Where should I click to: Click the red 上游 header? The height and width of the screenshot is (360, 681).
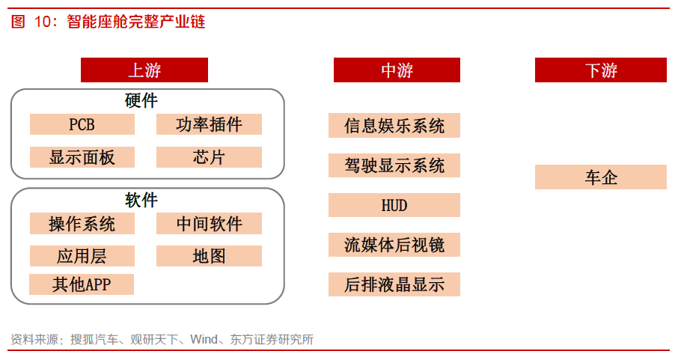(144, 70)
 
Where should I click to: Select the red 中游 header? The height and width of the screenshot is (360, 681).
(397, 70)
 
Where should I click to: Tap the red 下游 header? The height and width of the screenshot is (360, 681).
(601, 70)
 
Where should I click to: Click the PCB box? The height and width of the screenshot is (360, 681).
(82, 124)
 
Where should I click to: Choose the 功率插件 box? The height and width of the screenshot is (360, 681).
(209, 124)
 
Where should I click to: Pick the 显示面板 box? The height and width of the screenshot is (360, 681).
(82, 156)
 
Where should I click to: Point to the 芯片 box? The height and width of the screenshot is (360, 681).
(209, 156)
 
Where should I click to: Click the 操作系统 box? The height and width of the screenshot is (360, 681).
(82, 223)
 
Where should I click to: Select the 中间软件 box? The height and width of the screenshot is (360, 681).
(209, 223)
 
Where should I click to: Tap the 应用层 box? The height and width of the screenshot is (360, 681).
(82, 256)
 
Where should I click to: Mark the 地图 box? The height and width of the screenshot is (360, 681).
(209, 256)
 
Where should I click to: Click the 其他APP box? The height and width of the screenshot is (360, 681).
(82, 284)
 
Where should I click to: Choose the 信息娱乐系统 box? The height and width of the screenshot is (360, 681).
(394, 126)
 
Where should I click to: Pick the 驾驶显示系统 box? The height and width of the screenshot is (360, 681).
(394, 165)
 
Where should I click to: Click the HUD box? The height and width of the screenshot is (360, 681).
(394, 205)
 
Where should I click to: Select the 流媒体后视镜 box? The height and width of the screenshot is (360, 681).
(394, 245)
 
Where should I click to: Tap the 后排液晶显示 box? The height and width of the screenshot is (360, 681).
(394, 284)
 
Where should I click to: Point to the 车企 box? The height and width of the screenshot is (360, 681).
(601, 177)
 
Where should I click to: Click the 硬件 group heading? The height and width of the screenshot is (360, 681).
(141, 101)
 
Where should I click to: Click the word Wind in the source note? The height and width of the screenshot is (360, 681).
(204, 339)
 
